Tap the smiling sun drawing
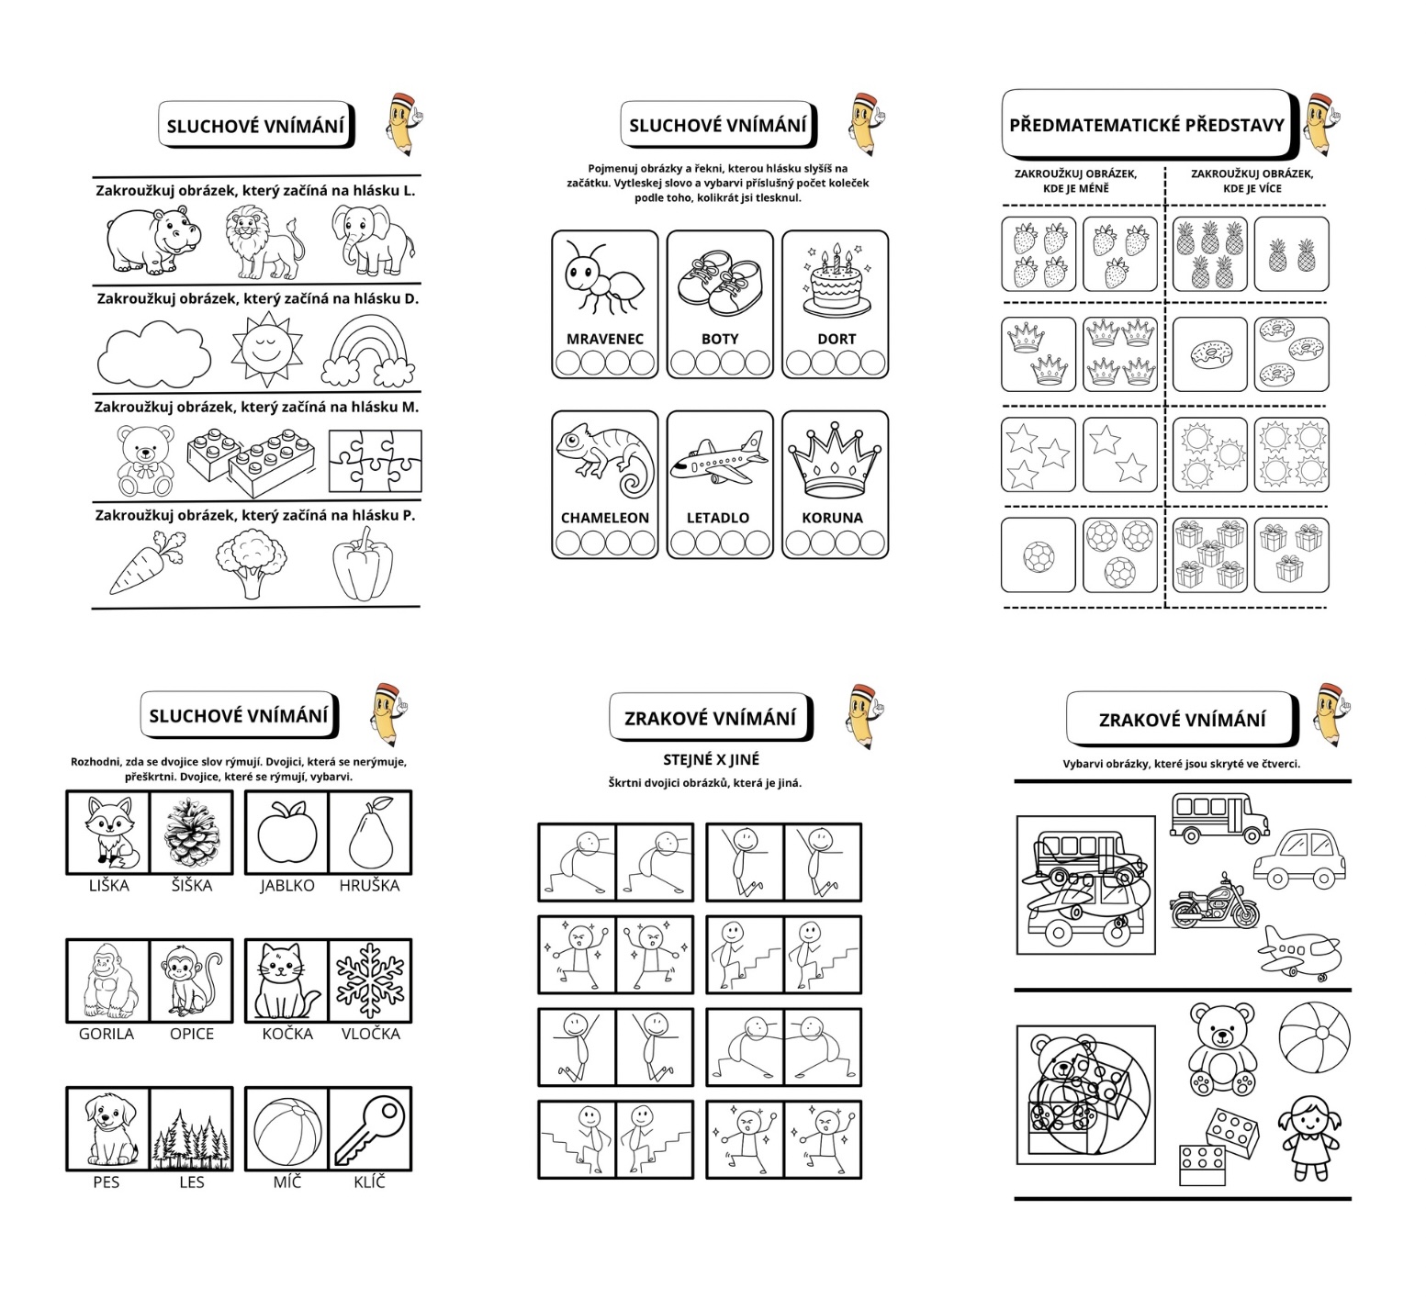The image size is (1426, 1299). (x=266, y=349)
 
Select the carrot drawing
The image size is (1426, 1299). (x=145, y=563)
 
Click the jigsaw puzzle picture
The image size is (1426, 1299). (x=375, y=461)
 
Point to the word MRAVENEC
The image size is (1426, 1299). (x=605, y=339)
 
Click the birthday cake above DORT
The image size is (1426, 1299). (x=836, y=280)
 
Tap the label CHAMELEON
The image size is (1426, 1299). (x=605, y=518)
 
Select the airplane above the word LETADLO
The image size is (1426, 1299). (x=719, y=460)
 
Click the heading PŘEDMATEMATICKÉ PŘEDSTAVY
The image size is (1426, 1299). (x=1147, y=125)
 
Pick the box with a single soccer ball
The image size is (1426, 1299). (x=1039, y=555)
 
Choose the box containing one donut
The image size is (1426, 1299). (x=1209, y=354)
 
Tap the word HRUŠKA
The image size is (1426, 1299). (x=369, y=886)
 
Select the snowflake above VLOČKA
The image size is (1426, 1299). (x=370, y=980)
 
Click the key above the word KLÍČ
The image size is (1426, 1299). (x=370, y=1131)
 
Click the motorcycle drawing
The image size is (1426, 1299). (x=1215, y=902)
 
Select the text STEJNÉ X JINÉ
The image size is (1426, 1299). (x=712, y=760)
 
